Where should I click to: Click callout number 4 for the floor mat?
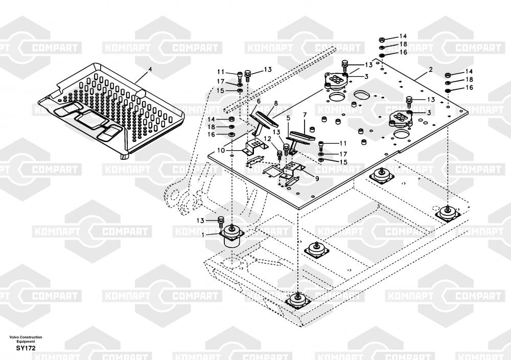point(150,69)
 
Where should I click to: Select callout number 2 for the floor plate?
point(430,69)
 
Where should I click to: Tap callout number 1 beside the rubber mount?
point(203,234)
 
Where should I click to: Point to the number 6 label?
point(259,101)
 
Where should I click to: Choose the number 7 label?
point(305,115)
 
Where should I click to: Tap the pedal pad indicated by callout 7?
point(303,136)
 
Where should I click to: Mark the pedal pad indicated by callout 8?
point(267,119)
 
